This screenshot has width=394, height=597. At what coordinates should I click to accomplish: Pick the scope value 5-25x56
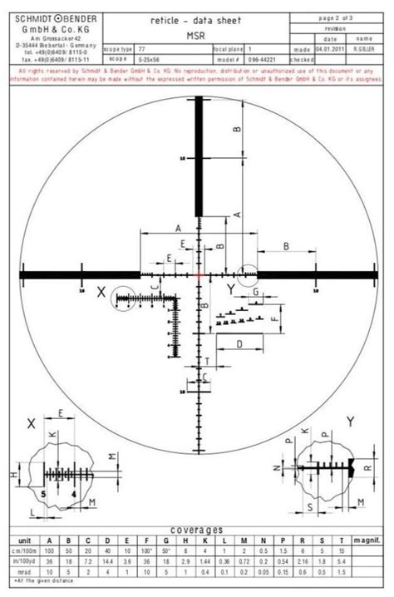154,59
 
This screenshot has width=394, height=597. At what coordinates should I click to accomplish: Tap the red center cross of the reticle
200,273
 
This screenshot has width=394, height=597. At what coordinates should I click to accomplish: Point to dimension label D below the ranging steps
239,343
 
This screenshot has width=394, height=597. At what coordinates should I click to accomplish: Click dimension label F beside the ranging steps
275,318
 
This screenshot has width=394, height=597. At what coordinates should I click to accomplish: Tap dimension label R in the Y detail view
365,469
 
